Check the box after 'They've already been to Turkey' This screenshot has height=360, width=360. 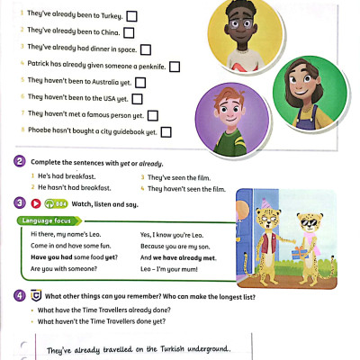(x=131, y=16)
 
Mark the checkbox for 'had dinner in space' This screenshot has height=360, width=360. (x=145, y=49)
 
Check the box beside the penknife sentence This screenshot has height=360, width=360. (x=175, y=65)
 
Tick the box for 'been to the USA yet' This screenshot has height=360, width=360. (x=138, y=98)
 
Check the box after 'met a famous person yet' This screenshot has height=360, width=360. (x=152, y=115)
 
